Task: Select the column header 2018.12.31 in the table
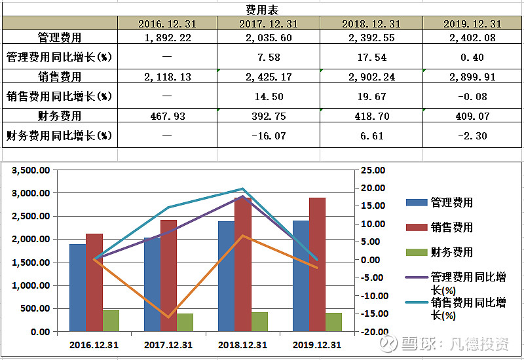coord(371,24)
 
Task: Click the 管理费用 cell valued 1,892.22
coord(168,38)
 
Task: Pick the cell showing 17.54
coord(371,57)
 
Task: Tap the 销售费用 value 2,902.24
coord(371,77)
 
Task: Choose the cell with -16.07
coord(269,135)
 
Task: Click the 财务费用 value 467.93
coord(168,116)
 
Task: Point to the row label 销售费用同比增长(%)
coord(59,96)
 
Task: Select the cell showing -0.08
coord(472,96)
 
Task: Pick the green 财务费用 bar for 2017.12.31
coord(185,322)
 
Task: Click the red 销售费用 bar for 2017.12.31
coord(168,276)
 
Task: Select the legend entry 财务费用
coord(452,252)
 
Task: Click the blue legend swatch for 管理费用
coord(415,203)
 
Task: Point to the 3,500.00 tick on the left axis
coord(31,170)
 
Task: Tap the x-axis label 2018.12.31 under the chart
coord(242,345)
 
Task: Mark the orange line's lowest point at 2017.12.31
coord(168,317)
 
